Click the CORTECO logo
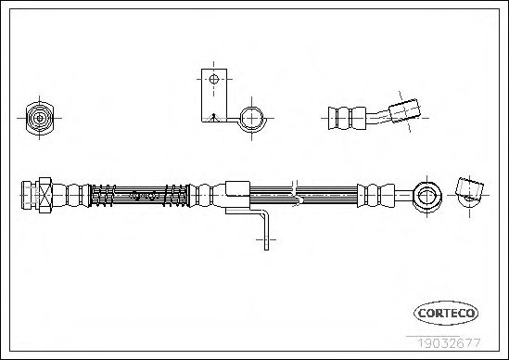446,313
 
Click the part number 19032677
449,343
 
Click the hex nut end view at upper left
39,118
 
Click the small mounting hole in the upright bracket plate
214,79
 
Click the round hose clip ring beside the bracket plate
252,119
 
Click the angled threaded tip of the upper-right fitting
404,110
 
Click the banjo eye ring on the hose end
427,196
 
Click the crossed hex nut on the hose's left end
45,195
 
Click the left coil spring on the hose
102,195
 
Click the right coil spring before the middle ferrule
176,195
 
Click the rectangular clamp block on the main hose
237,189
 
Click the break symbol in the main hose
296,194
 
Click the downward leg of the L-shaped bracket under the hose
266,231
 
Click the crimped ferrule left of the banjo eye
376,195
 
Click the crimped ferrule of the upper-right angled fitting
348,118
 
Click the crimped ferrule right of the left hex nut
70,195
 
